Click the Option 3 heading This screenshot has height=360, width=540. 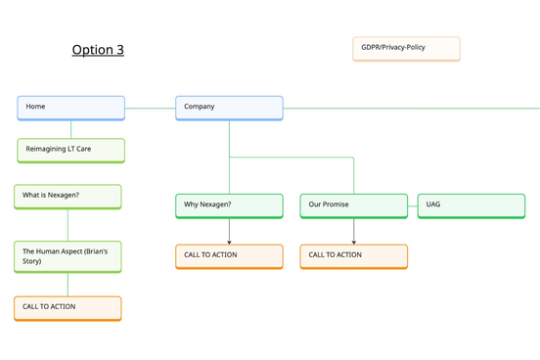click(x=98, y=50)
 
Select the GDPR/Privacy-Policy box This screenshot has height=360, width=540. click(x=406, y=48)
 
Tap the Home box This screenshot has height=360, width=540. click(x=70, y=107)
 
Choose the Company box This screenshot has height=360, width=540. click(x=229, y=107)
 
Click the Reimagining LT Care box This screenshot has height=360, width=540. click(x=70, y=150)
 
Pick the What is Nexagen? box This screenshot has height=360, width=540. click(x=67, y=196)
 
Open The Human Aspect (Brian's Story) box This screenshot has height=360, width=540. click(x=67, y=256)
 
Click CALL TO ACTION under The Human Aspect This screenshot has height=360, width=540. click(x=67, y=307)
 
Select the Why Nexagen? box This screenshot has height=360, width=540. click(x=229, y=205)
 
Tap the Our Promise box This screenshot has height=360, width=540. click(x=353, y=205)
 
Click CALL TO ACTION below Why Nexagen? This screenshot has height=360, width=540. click(x=229, y=255)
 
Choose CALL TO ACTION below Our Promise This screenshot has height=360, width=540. click(x=353, y=255)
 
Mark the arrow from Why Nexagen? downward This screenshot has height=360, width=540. click(x=229, y=233)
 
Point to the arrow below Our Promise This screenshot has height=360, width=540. click(x=353, y=233)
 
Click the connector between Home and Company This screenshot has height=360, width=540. click(x=151, y=108)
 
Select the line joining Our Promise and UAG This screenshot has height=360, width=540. click(x=413, y=205)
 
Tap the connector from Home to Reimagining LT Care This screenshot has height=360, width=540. click(x=70, y=129)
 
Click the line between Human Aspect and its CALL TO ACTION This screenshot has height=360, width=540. click(x=67, y=285)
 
